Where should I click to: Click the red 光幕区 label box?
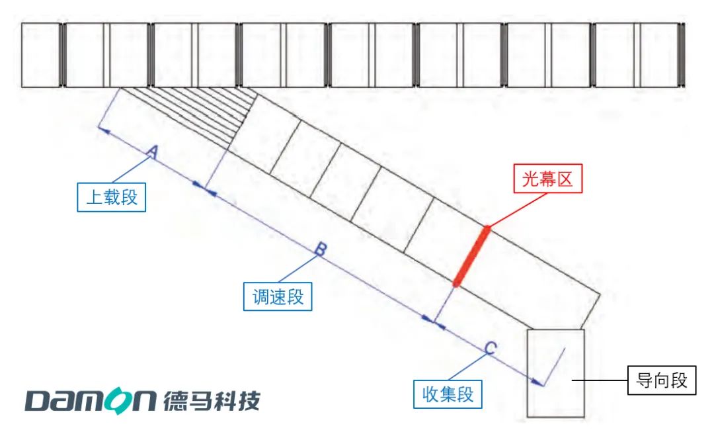[x=548, y=178]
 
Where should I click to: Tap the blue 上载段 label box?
[x=112, y=197]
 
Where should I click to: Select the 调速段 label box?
[x=278, y=296]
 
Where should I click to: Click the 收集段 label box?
[x=448, y=394]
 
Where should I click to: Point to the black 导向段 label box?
[x=662, y=380]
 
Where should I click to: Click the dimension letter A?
[x=153, y=152]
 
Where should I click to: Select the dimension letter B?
[x=321, y=249]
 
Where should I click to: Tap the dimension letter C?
[x=491, y=349]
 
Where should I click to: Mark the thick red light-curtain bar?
[x=472, y=256]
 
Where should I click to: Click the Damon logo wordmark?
[x=90, y=401]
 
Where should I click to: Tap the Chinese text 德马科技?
[x=212, y=401]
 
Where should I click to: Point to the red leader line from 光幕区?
[x=518, y=210]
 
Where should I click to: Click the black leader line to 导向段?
[x=600, y=380]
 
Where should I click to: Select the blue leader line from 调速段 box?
[x=298, y=269]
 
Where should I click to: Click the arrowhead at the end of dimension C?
[x=537, y=382]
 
